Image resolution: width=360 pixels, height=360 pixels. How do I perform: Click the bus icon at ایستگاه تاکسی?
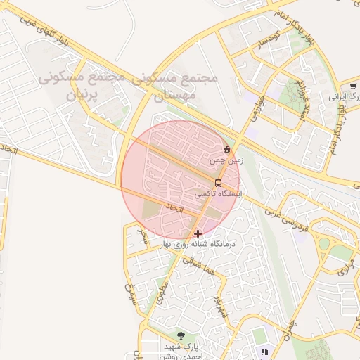pos(218,183)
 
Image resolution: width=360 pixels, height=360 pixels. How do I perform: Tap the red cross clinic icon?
pos(198,233)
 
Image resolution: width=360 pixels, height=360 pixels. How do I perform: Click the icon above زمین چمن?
pos(226,150)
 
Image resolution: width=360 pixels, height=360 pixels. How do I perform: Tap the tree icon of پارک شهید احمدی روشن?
pos(181,336)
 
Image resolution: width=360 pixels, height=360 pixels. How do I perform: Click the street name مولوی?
pos(345,267)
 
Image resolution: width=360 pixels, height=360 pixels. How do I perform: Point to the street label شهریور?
pos(221,306)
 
